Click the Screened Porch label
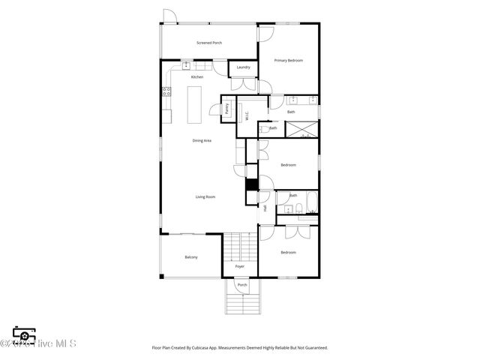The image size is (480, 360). coord(209,43)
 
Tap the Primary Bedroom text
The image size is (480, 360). coord(289,60)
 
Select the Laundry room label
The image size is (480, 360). coord(243,67)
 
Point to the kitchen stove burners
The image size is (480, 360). coord(166,92)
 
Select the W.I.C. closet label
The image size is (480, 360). coord(247,116)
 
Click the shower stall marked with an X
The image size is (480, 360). coord(304,129)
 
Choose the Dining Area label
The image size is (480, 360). coord(202,140)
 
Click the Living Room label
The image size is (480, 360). coord(205,196)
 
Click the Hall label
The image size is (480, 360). coord(265,208)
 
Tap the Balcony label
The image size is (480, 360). coord(191,257)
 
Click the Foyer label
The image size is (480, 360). coord(240,266)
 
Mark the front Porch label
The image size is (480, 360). coord(242,285)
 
